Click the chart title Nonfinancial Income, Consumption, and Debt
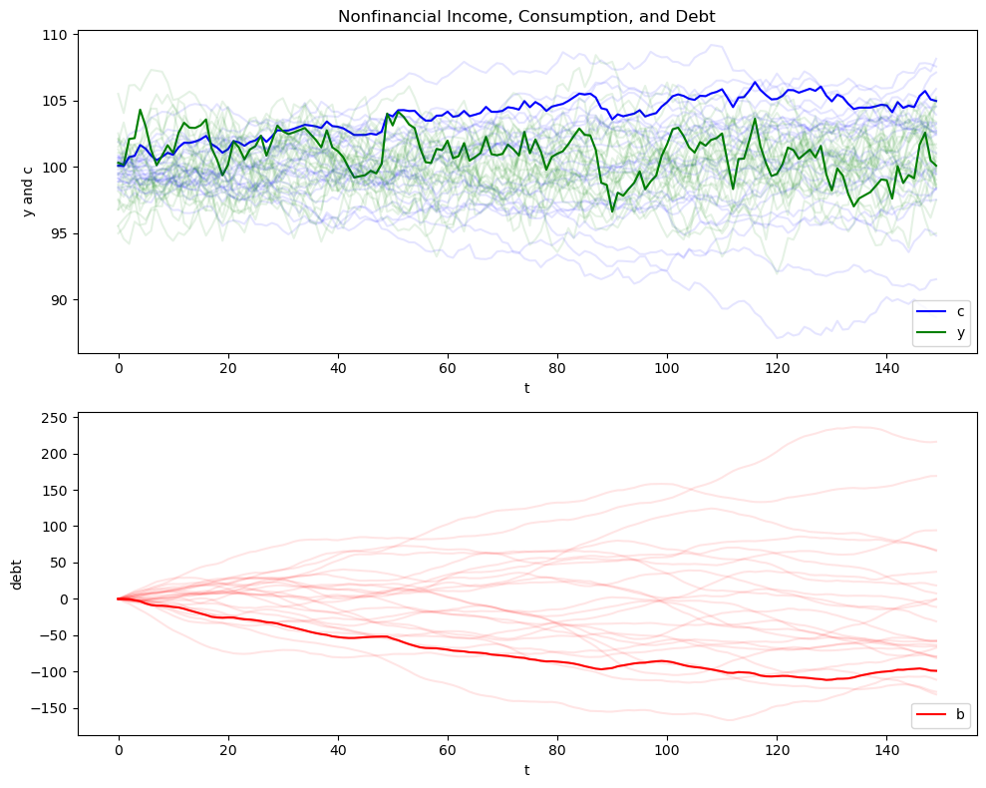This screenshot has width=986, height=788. tap(526, 16)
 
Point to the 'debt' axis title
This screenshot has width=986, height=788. tap(17, 574)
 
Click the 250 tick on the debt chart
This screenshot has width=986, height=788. tap(56, 418)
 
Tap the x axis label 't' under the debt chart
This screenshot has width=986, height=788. tap(526, 770)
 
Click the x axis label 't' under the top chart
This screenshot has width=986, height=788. tap(526, 388)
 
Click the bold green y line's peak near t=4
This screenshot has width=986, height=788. tap(141, 110)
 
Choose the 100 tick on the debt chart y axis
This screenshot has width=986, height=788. tap(56, 527)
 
